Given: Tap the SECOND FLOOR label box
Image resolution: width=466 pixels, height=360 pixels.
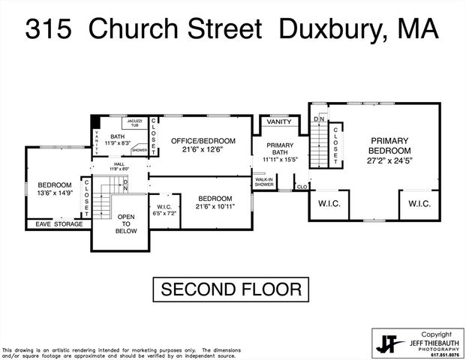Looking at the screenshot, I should click(231, 289).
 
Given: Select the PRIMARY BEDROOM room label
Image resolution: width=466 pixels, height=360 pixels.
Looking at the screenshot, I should click(388, 145).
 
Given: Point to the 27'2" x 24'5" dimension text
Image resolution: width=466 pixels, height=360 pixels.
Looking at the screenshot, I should click(388, 160).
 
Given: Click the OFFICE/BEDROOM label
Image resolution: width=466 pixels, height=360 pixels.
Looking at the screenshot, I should click(203, 140).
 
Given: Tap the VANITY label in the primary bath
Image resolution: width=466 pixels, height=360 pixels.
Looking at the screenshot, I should click(279, 121).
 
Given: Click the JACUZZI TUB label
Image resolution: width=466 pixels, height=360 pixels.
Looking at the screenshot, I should click(134, 123).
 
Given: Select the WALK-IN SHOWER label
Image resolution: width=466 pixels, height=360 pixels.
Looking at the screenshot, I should click(263, 182).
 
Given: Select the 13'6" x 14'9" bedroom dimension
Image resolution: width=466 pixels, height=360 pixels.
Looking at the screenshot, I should click(55, 193).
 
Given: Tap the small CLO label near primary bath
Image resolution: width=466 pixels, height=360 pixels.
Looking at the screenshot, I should click(302, 187).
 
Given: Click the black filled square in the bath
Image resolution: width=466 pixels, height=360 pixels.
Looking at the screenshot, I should click(95, 123).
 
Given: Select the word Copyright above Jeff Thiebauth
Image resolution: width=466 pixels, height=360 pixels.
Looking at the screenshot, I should click(435, 334).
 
